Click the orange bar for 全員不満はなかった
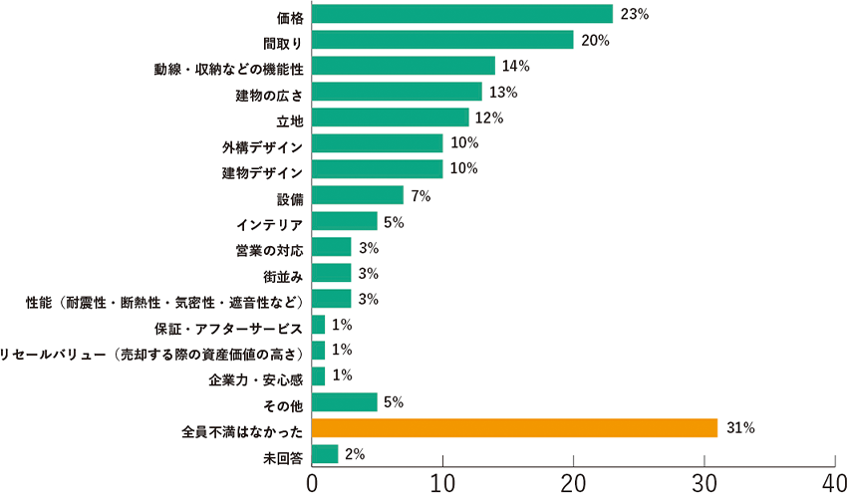(x=514, y=427)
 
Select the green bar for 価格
(x=461, y=14)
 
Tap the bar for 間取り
(x=442, y=40)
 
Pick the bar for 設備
(x=358, y=195)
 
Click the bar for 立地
(x=390, y=118)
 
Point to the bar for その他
(x=345, y=401)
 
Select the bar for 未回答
(x=325, y=453)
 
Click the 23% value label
(x=634, y=14)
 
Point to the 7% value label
(x=420, y=195)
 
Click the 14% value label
(x=516, y=66)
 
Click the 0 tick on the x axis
(x=312, y=480)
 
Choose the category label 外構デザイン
(x=262, y=145)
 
